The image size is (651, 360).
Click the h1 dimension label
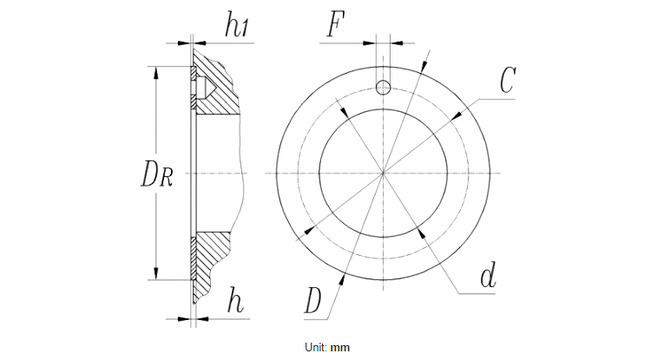pyautogui.click(x=237, y=26)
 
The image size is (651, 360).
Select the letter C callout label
pyautogui.click(x=508, y=81)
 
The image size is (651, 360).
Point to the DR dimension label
pyautogui.click(x=157, y=174)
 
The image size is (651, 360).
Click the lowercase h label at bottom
pyautogui.click(x=235, y=302)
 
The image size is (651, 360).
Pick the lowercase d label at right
pyautogui.click(x=488, y=278)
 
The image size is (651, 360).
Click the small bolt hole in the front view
pyautogui.click(x=383, y=84)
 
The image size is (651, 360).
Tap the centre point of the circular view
pyautogui.click(x=383, y=173)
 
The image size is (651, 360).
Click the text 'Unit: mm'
pyautogui.click(x=326, y=347)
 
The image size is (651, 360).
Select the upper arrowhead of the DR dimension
pyautogui.click(x=156, y=73)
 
